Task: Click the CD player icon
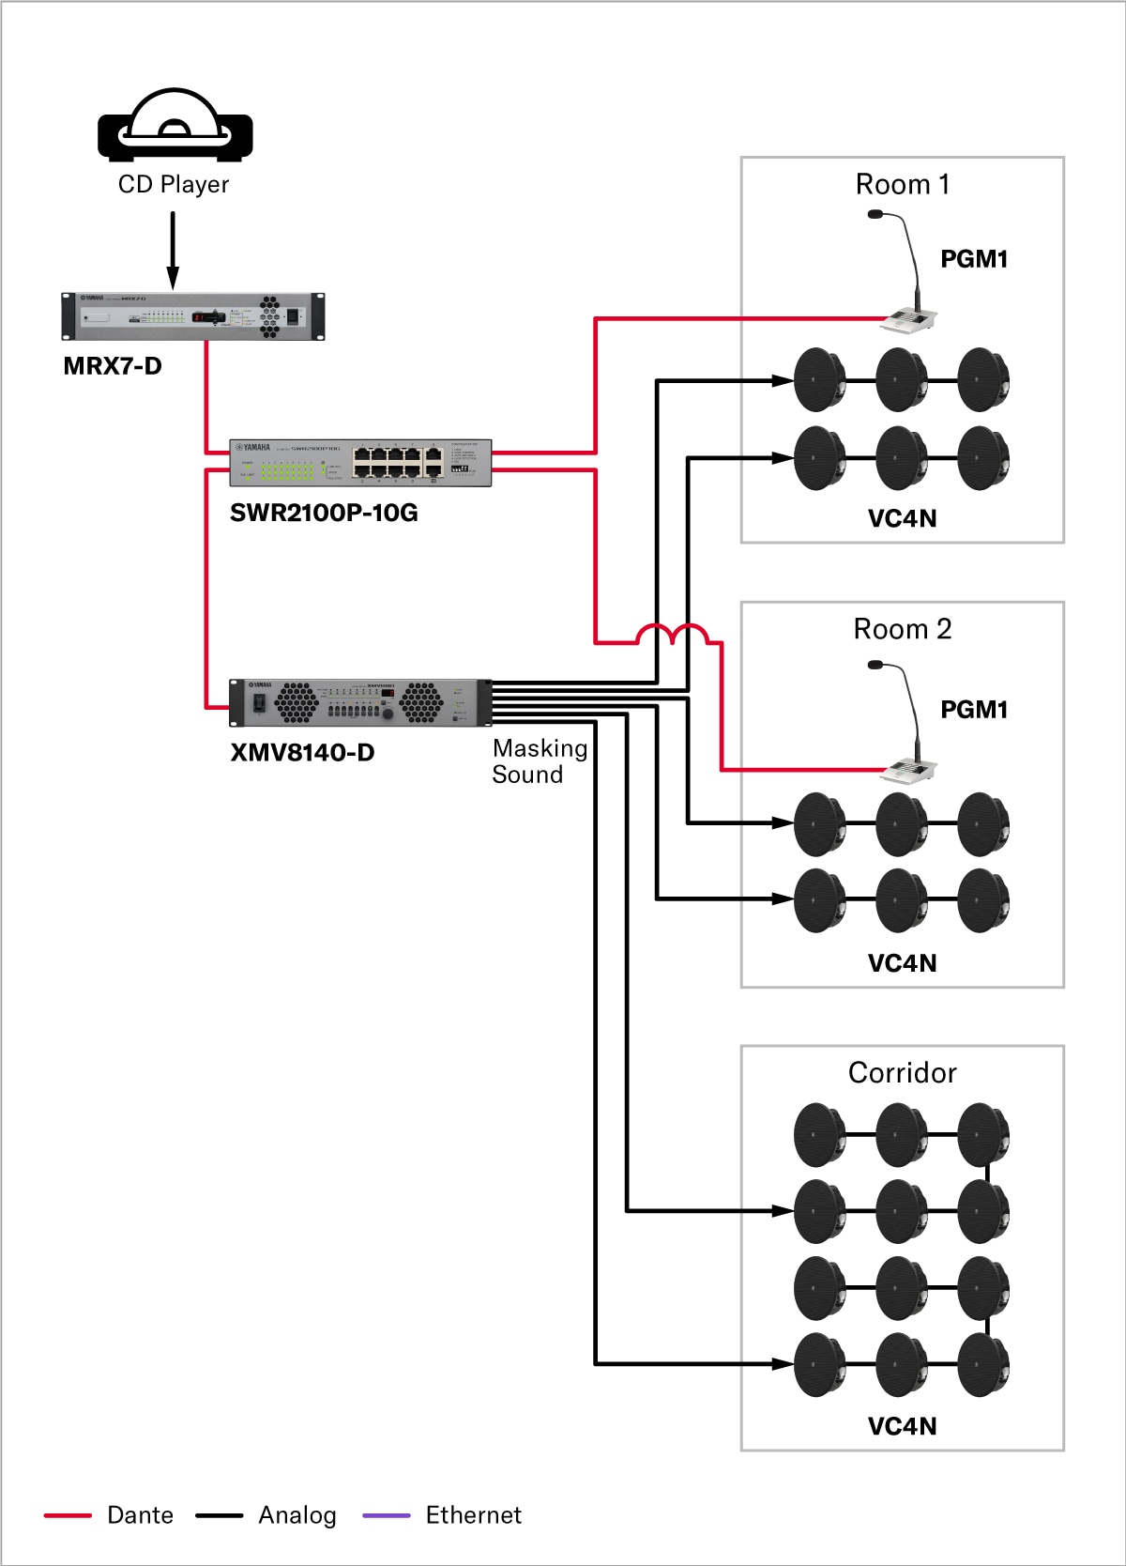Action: (175, 126)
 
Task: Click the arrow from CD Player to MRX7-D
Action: (173, 250)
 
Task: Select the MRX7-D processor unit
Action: (193, 316)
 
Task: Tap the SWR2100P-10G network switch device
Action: (360, 463)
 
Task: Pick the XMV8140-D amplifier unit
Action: (360, 702)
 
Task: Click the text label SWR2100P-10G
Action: (324, 513)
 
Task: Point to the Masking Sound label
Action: (540, 761)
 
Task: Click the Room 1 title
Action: (902, 184)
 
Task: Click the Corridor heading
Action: (902, 1072)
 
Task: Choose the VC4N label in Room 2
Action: (902, 963)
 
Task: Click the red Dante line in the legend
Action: (68, 1515)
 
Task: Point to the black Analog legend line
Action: (220, 1515)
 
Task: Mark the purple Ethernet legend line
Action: (387, 1515)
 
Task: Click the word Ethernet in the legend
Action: (473, 1515)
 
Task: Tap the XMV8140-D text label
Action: (302, 753)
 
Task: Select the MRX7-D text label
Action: (113, 366)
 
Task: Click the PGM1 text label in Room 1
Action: (974, 259)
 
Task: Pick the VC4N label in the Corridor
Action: (902, 1426)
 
